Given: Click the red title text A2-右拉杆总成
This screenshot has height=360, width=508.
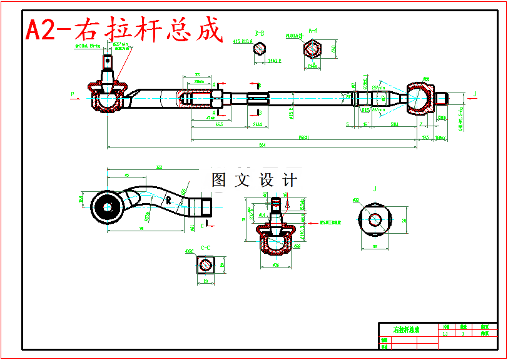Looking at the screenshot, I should point(124,30).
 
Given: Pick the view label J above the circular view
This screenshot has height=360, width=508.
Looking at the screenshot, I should point(375,188).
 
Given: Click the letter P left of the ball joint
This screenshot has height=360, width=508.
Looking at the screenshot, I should point(73,94).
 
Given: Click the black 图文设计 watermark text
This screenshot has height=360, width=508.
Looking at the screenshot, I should point(254,181).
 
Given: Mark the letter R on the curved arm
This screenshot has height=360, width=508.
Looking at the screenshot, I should point(168,201).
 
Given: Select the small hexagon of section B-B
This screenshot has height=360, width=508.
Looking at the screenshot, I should point(260,54).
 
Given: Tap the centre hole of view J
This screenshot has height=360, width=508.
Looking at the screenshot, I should point(375,219).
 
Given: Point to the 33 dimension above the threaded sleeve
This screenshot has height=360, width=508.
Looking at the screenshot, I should point(197,74).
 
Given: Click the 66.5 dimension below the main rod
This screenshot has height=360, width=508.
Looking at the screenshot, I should point(219,125).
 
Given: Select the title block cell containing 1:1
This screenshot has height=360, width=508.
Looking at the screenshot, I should point(445,334).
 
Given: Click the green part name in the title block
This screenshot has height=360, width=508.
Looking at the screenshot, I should point(407,329).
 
